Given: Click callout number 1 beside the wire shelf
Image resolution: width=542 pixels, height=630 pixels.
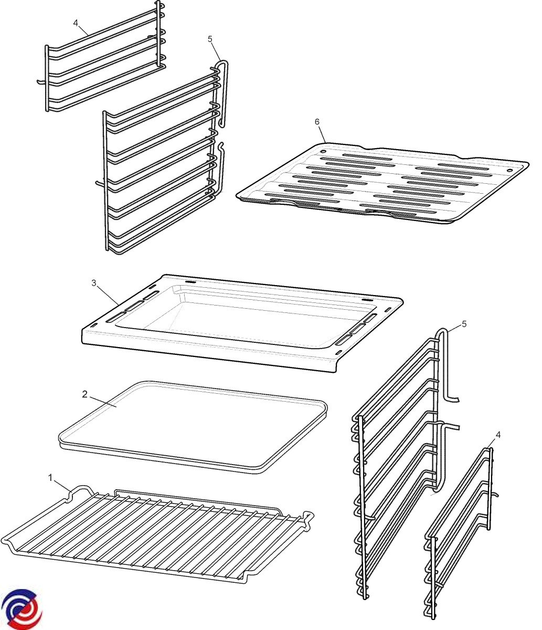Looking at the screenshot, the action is pyautogui.click(x=51, y=478).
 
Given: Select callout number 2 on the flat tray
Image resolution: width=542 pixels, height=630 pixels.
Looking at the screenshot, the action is pyautogui.click(x=84, y=394).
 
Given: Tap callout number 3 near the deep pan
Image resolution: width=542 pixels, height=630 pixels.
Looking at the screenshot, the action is pyautogui.click(x=94, y=283).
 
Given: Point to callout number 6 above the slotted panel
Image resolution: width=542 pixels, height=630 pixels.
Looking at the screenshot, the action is pyautogui.click(x=317, y=122).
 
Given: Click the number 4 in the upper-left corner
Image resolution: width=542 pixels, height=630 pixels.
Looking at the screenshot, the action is pyautogui.click(x=76, y=23).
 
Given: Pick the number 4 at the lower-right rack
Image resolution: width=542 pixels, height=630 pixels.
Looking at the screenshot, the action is pyautogui.click(x=498, y=435).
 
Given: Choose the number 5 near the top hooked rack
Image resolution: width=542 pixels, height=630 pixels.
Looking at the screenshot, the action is pyautogui.click(x=209, y=39).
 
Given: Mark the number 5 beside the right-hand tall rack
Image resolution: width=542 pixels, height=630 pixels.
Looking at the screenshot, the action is pyautogui.click(x=464, y=324).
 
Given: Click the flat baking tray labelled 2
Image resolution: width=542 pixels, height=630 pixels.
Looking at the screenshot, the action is pyautogui.click(x=193, y=427).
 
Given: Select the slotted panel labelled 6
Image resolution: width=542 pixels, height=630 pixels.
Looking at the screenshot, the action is pyautogui.click(x=382, y=183).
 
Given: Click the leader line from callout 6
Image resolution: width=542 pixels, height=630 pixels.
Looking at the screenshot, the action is pyautogui.click(x=322, y=134).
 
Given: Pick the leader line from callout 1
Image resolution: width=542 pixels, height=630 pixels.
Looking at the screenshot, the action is pyautogui.click(x=62, y=485).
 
